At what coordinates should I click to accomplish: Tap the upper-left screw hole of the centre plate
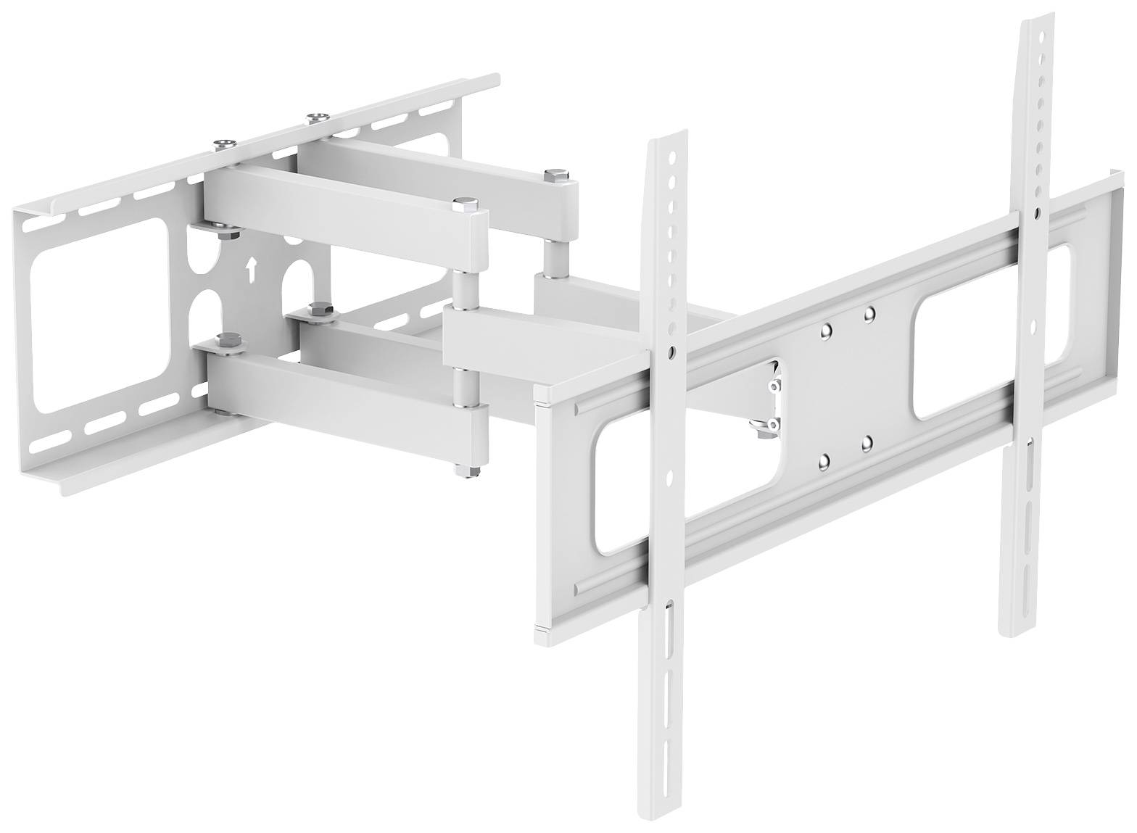coord(825,331)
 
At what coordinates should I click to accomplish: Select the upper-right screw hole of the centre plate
coord(869,313)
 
